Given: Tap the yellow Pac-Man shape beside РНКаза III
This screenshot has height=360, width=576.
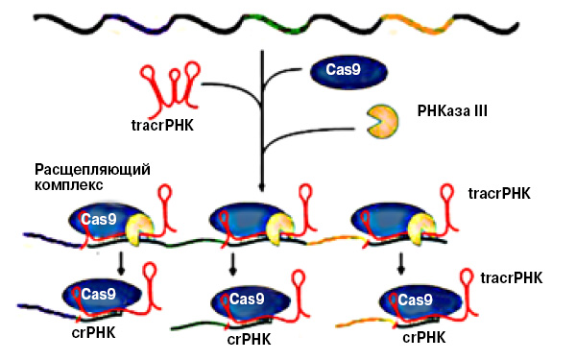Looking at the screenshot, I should [382, 120].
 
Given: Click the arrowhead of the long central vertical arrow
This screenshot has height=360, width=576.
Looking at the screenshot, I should [261, 188].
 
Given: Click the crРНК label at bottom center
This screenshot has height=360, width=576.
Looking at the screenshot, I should [249, 339].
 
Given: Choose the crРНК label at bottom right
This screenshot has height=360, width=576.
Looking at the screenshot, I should [422, 337].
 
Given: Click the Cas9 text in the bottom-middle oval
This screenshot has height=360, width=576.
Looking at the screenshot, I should [247, 299].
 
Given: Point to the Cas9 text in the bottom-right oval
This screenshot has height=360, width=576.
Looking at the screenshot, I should [416, 300].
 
